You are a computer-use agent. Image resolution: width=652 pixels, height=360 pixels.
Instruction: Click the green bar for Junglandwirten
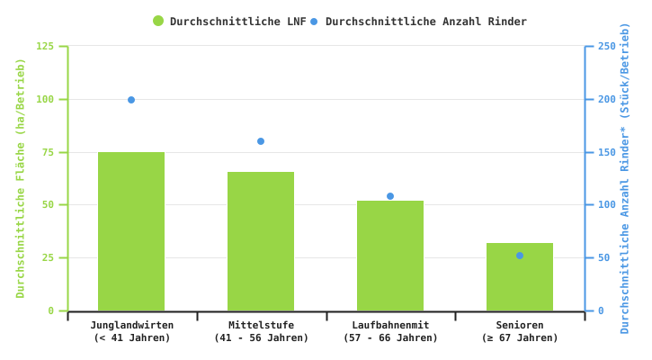[131, 231]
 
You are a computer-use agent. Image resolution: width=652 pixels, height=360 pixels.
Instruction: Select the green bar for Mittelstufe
[261, 241]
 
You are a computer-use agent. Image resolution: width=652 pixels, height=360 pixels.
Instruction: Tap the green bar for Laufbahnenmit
[390, 256]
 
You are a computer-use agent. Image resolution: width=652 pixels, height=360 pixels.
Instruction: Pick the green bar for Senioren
[520, 277]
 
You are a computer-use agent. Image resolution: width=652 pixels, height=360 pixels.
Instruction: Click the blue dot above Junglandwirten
[131, 100]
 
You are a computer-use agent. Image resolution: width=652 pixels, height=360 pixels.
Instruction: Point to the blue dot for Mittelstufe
[261, 141]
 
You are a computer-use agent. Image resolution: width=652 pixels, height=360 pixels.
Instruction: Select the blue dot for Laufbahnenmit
[390, 196]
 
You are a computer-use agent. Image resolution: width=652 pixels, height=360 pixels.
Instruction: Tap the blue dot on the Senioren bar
[520, 256]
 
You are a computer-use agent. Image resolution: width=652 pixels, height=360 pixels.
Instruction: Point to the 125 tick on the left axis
[45, 46]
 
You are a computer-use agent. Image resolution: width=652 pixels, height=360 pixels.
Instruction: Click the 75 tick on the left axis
[49, 152]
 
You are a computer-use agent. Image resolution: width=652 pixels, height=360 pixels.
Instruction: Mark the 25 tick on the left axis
[49, 258]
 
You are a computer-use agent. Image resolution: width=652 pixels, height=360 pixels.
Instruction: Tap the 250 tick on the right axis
[607, 46]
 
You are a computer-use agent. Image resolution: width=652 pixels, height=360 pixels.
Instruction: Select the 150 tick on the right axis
[607, 152]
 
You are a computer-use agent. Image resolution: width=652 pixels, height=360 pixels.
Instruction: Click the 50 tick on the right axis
[604, 258]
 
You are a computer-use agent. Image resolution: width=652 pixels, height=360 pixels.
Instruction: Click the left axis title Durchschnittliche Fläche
[21, 178]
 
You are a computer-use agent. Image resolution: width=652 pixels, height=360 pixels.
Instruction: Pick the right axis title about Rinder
[625, 178]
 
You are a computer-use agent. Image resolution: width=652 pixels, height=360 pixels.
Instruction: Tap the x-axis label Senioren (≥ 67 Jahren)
[520, 331]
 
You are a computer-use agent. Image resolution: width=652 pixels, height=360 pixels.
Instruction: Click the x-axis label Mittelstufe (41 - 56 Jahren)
[261, 331]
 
